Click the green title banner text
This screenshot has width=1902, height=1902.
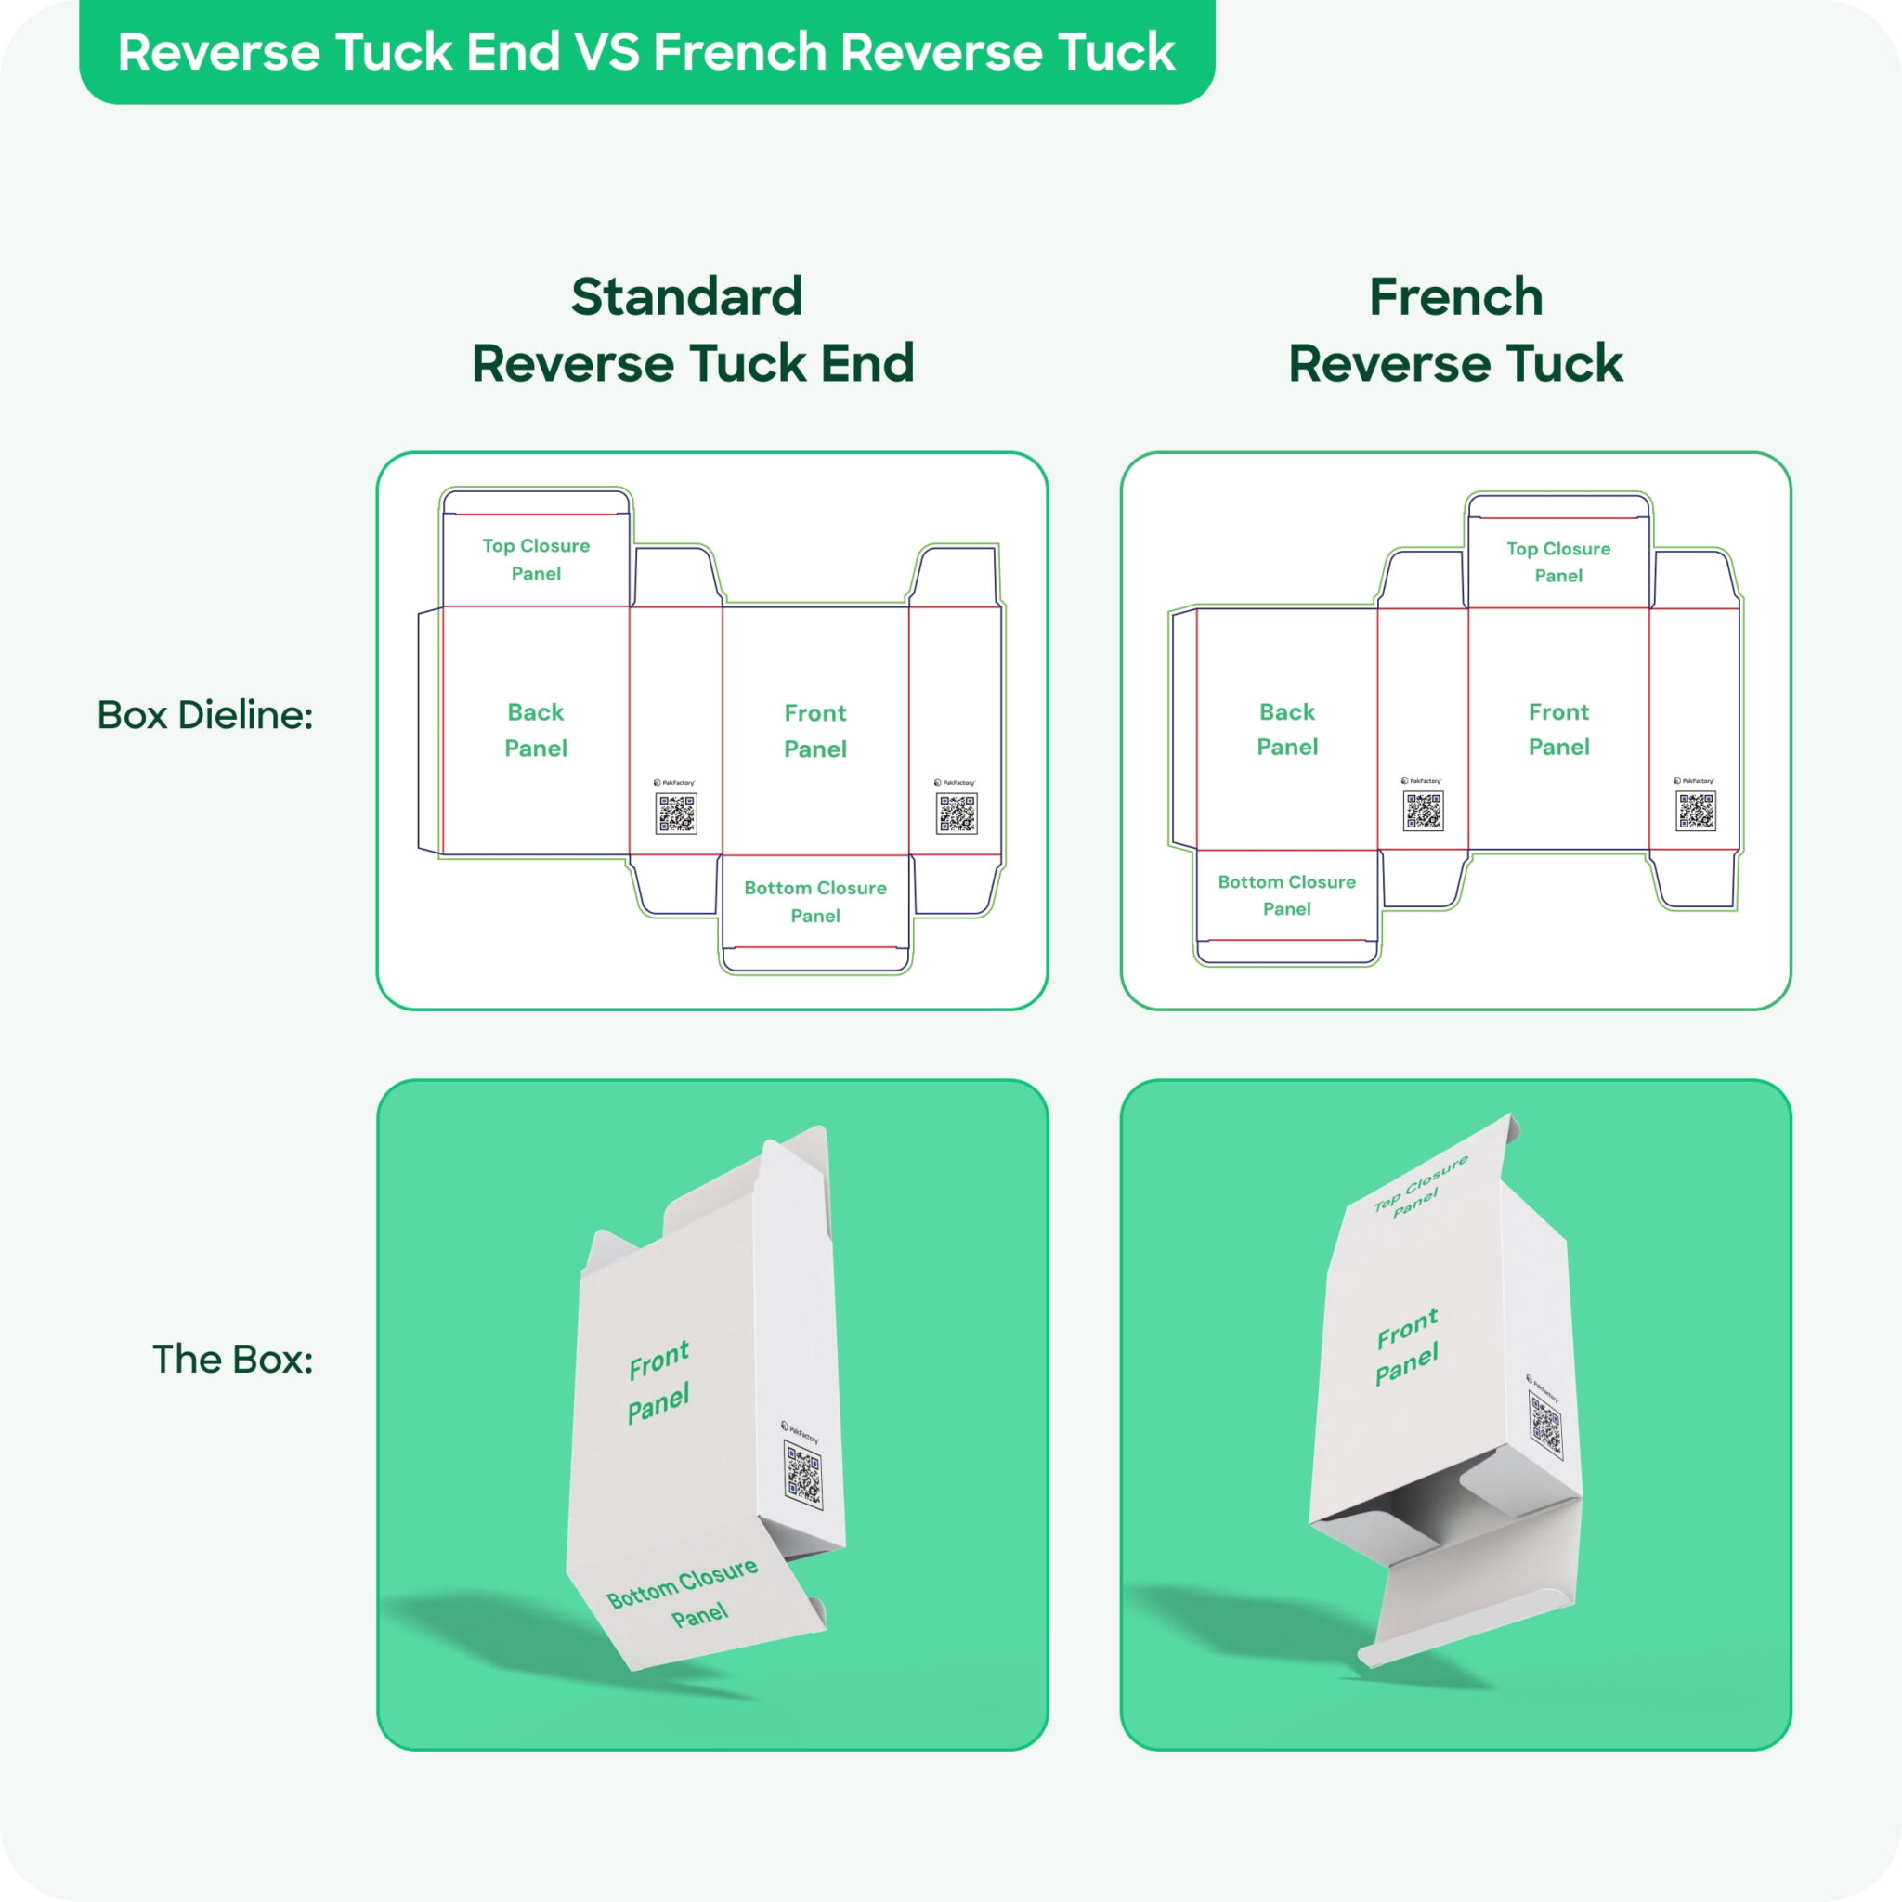(x=645, y=51)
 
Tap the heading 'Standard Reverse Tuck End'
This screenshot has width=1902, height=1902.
(x=692, y=330)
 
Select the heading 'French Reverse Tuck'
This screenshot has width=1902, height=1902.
(x=1455, y=330)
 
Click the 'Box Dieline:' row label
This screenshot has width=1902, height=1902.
(x=204, y=715)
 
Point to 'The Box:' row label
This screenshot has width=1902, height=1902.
(x=232, y=1359)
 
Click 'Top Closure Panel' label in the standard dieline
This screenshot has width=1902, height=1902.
(x=536, y=559)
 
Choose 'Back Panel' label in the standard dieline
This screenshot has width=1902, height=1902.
(x=536, y=729)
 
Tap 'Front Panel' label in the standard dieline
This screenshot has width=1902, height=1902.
(x=815, y=731)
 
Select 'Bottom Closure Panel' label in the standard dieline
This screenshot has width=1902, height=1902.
(x=815, y=901)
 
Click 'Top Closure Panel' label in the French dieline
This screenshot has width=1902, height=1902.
(x=1558, y=561)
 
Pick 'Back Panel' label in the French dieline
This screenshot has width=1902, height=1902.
(x=1286, y=728)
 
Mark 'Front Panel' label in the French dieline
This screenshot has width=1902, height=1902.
(x=1558, y=728)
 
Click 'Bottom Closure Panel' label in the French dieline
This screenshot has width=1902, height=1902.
(x=1286, y=895)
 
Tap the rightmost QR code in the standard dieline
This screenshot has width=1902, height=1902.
(x=956, y=814)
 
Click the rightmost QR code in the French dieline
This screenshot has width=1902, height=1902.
(x=1695, y=811)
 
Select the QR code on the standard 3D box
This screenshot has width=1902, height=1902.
(x=803, y=1474)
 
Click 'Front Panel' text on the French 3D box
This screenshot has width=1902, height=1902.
(x=1407, y=1347)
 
